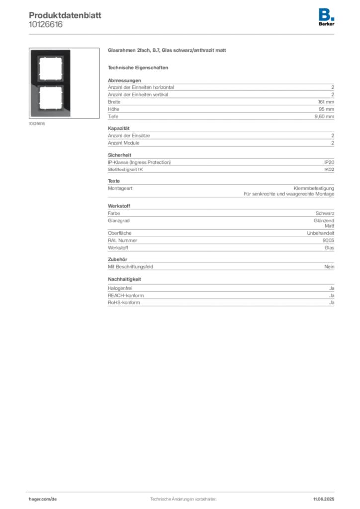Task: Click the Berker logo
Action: [x=326, y=17]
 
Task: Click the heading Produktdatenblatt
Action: [x=65, y=15]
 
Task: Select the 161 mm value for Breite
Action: [x=326, y=102]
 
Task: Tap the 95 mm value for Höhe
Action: [x=326, y=109]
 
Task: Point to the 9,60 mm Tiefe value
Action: [x=324, y=116]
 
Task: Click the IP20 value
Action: [x=329, y=162]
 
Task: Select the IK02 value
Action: [x=329, y=169]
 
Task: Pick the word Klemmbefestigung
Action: [x=314, y=188]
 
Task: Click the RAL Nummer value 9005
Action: [x=328, y=240]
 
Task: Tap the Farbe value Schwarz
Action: [x=325, y=213]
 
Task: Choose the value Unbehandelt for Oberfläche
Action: [x=320, y=233]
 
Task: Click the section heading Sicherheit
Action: [x=119, y=155]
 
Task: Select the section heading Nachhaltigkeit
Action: [x=124, y=279]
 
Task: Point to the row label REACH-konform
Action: [x=126, y=295]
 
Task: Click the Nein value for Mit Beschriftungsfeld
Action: [x=329, y=267]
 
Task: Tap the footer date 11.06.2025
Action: [x=324, y=499]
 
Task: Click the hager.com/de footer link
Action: [x=43, y=499]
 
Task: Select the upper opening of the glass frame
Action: [x=50, y=69]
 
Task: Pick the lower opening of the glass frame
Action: [x=50, y=99]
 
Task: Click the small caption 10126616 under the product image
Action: [x=37, y=124]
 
